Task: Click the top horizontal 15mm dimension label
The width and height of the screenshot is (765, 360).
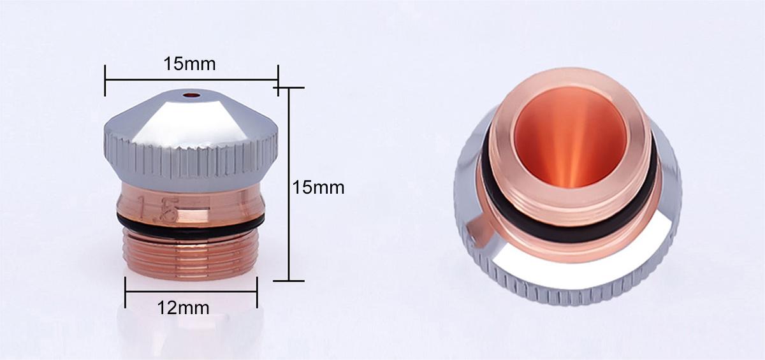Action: (x=189, y=64)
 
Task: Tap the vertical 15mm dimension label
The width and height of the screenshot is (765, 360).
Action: (x=318, y=188)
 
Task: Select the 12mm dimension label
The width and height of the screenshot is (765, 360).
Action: (x=183, y=308)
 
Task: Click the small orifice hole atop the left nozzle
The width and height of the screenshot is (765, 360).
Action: (x=191, y=95)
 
